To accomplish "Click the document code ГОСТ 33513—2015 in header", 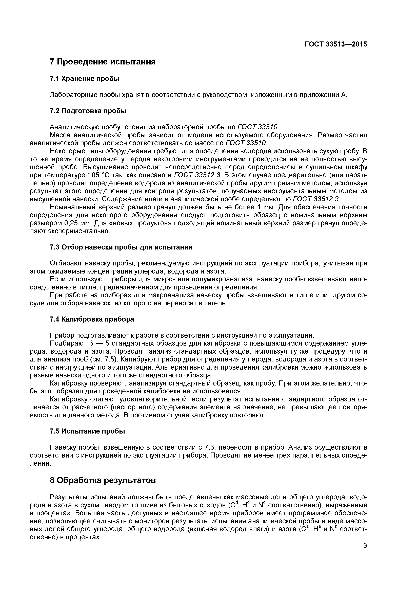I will [336, 44].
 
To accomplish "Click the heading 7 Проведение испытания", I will [103, 62].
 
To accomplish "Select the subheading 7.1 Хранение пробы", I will [85, 79].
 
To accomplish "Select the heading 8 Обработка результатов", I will [103, 480].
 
